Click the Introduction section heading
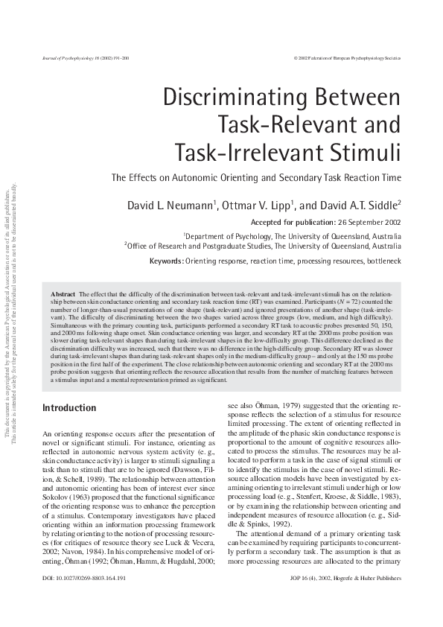coord(69,407)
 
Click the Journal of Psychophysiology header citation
coord(81,57)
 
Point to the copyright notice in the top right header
coord(348,57)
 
